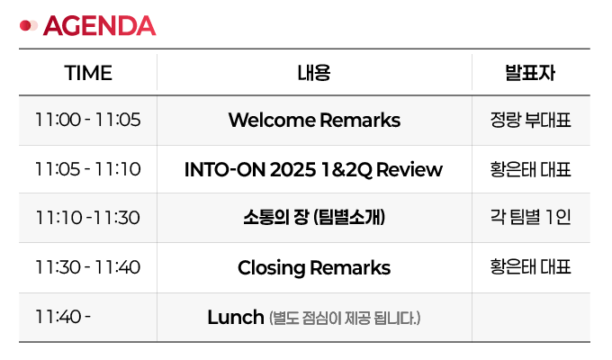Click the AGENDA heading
tap(100, 26)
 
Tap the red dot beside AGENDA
tap(25, 26)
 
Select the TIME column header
tap(88, 73)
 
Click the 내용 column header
tap(314, 73)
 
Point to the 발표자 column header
tap(530, 73)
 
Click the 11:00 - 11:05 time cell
tap(88, 120)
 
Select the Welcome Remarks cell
tap(314, 120)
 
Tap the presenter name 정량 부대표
tap(530, 120)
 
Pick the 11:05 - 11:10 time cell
tap(88, 169)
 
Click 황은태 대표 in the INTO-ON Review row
tap(530, 169)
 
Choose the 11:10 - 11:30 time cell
tap(88, 218)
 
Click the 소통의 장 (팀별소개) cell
tap(314, 217)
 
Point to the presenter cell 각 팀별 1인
tap(530, 217)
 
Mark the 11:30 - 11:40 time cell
tap(88, 267)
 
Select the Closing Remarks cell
tap(314, 268)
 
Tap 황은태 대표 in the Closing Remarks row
tap(530, 267)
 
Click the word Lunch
tap(236, 317)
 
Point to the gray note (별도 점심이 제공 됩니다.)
tap(345, 318)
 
